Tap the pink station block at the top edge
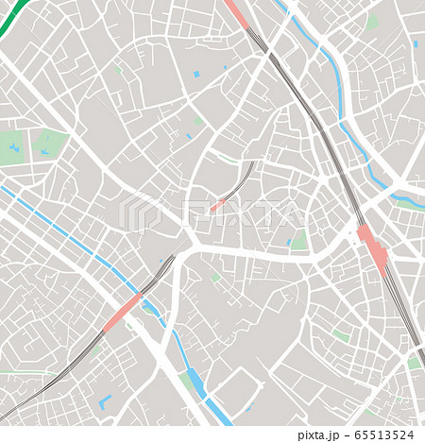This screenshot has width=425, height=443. point(234,12)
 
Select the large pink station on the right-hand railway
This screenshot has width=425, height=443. point(373,248)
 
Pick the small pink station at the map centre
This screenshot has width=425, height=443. point(218,204)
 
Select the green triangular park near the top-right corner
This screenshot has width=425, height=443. point(372,22)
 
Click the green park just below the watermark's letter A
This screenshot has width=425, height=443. point(298,241)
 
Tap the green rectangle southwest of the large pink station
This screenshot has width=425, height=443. point(341,335)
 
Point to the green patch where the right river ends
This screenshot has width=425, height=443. point(407,202)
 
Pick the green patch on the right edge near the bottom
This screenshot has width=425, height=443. point(414,363)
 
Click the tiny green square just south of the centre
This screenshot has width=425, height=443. point(215,278)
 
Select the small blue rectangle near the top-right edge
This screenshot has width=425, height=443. point(415,43)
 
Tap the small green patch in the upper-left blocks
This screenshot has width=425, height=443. point(117,69)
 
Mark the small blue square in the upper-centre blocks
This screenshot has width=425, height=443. point(196,74)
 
